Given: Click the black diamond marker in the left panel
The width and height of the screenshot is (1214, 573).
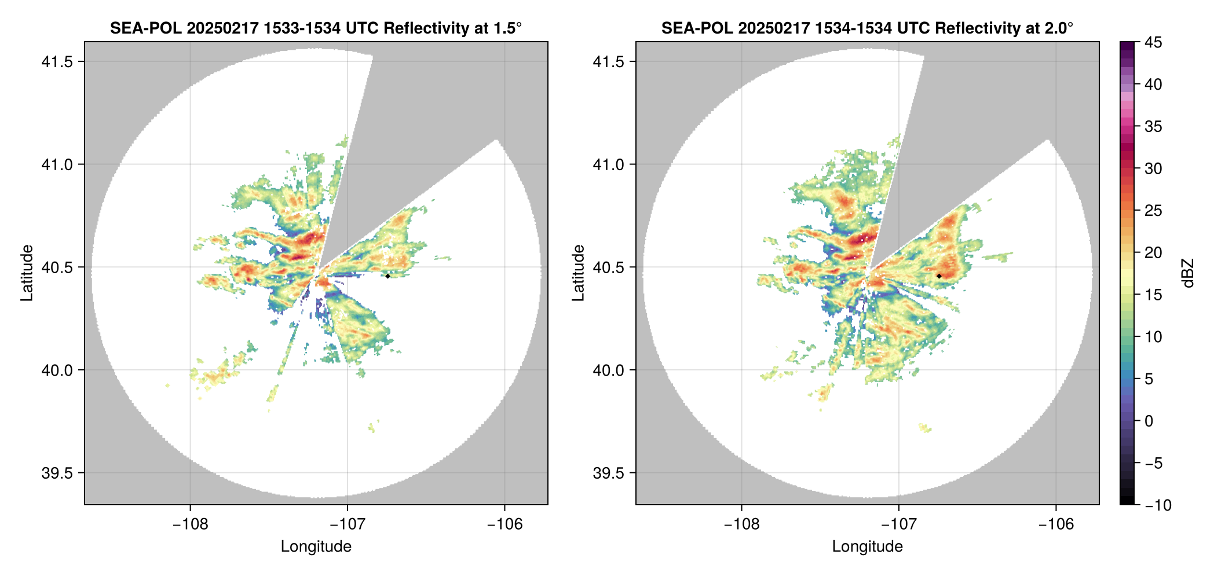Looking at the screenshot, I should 387,276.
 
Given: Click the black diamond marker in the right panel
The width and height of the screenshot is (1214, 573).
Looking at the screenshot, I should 939,276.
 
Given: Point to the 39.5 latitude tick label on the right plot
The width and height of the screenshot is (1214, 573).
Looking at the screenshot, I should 609,473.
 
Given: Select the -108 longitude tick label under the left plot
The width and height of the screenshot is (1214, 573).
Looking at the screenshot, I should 189,524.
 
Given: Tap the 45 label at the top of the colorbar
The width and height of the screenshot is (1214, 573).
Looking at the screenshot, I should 1153,43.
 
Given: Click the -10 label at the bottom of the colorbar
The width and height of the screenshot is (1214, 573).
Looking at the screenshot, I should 1158,505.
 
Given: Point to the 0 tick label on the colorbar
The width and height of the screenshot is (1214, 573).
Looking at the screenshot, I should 1149,421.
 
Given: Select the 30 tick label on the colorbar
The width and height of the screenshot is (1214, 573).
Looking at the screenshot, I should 1153,169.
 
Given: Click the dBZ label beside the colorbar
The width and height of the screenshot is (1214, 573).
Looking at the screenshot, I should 1188,273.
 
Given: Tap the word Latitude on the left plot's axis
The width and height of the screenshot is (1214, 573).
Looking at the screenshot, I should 27,273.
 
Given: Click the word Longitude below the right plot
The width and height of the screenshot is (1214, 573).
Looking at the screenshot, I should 867,546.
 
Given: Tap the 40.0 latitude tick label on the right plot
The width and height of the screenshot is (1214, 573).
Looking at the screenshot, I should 609,370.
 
